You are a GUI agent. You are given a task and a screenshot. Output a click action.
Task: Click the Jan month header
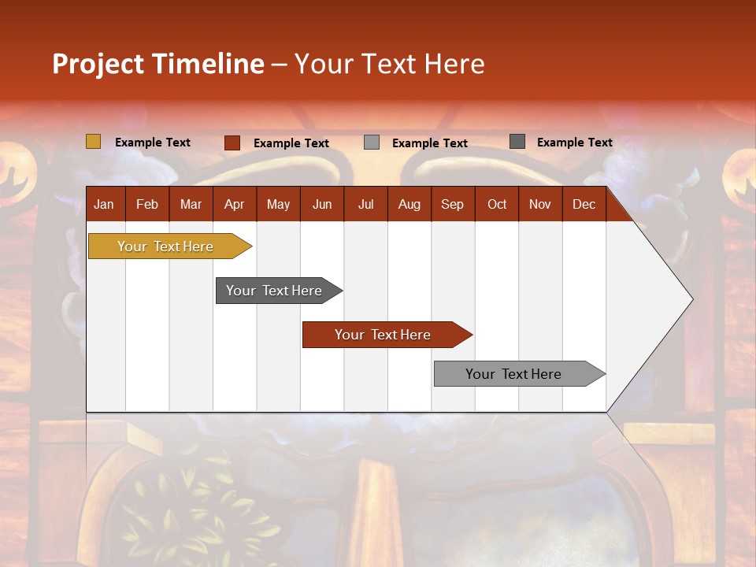click(104, 204)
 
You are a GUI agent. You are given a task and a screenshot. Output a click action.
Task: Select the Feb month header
click(147, 204)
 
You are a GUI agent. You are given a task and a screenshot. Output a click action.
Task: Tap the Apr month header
click(235, 204)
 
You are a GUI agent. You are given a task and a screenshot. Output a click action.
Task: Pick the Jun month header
click(322, 204)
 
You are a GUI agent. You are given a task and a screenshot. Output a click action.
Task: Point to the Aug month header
click(409, 204)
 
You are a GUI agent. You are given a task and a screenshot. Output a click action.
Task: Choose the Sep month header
click(453, 204)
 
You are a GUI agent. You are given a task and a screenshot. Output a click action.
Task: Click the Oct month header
click(497, 204)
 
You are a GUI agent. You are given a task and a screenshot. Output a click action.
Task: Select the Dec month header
click(584, 204)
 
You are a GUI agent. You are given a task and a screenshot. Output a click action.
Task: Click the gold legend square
click(94, 142)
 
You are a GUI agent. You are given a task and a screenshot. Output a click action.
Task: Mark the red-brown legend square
click(232, 143)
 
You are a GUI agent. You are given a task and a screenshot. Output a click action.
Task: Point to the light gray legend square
click(372, 143)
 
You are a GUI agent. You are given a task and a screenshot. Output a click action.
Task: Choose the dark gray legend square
click(517, 142)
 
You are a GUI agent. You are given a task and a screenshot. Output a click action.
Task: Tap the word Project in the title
click(98, 64)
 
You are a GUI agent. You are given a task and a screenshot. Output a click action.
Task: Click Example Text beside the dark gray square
click(574, 143)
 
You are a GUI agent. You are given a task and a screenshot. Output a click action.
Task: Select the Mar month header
click(191, 204)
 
